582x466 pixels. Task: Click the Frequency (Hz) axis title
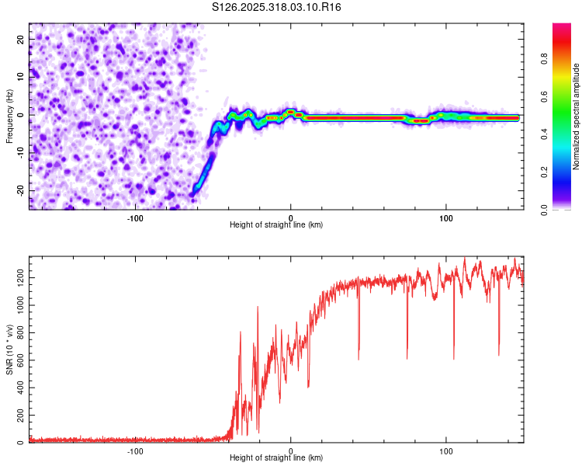click(x=9, y=116)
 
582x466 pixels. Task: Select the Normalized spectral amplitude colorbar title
click(x=577, y=116)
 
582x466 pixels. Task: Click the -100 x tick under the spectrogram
click(x=135, y=217)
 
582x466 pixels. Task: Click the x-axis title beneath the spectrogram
click(x=276, y=225)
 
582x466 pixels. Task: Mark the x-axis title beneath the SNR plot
click(x=276, y=459)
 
